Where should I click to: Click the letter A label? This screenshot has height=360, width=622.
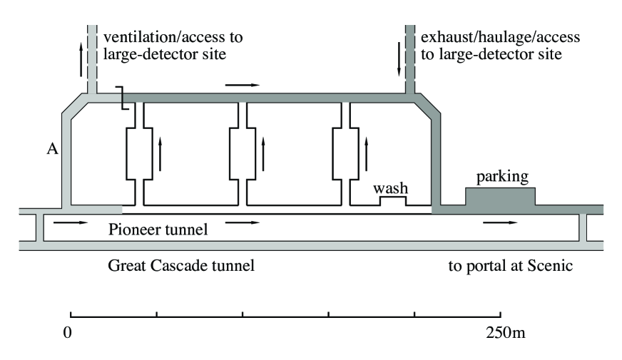pyautogui.click(x=52, y=149)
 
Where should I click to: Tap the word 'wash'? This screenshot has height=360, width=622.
pyautogui.click(x=390, y=188)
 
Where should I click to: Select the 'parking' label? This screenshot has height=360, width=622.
pyautogui.click(x=502, y=177)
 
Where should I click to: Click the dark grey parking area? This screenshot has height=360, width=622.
pyautogui.click(x=500, y=197)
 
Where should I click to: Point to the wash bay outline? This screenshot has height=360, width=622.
pyautogui.click(x=393, y=197)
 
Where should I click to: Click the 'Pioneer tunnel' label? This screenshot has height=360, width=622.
pyautogui.click(x=158, y=230)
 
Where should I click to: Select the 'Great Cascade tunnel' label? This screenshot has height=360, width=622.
pyautogui.click(x=181, y=265)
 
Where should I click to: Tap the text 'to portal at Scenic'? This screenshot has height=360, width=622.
pyautogui.click(x=511, y=266)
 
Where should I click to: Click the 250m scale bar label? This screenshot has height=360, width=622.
pyautogui.click(x=505, y=332)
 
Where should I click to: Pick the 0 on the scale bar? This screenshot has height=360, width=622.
pyautogui.click(x=68, y=332)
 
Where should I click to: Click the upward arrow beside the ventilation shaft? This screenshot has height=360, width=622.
pyautogui.click(x=81, y=59)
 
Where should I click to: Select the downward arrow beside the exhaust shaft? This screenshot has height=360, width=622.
pyautogui.click(x=399, y=59)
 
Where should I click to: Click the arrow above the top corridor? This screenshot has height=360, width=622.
pyautogui.click(x=243, y=85)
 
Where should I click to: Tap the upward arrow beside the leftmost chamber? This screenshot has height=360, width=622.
pyautogui.click(x=160, y=154)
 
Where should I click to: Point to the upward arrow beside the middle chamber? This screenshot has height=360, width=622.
pyautogui.click(x=263, y=154)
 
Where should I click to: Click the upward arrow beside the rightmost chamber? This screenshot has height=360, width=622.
pyautogui.click(x=366, y=154)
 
